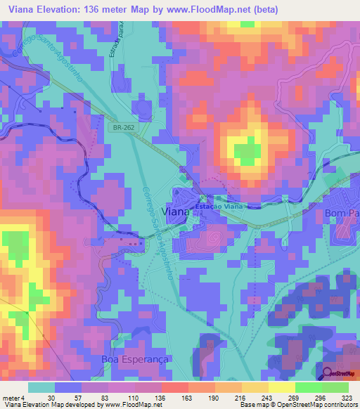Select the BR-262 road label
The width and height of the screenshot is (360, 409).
point(122,128)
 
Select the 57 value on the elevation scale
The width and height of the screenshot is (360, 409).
point(68,397)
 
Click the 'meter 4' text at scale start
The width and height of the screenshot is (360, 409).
point(14,397)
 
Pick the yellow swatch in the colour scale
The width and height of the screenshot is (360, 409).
point(282,387)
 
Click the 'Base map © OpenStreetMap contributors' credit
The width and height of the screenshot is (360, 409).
point(298,405)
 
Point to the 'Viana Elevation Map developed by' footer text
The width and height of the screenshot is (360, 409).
point(50,405)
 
